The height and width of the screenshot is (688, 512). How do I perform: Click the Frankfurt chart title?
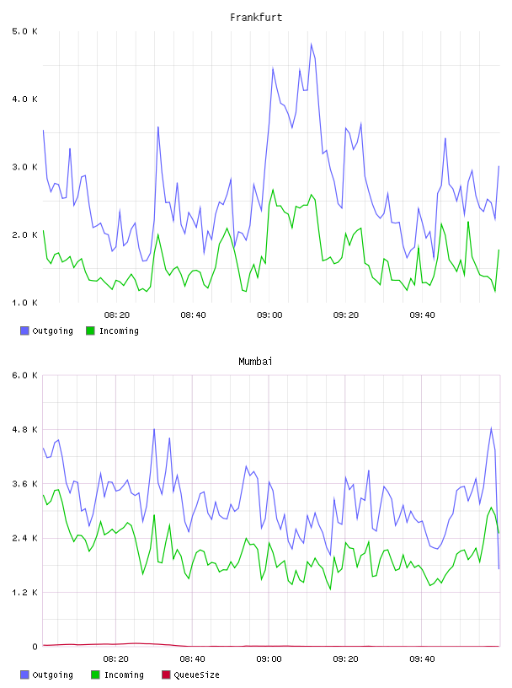pos(256,18)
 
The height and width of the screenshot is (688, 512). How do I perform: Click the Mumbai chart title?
pos(255,362)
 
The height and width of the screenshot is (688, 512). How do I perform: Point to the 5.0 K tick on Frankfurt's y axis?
pos(25,31)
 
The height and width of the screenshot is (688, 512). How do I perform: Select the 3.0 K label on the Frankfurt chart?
pos(25,167)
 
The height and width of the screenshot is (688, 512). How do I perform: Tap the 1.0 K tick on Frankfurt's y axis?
pos(25,303)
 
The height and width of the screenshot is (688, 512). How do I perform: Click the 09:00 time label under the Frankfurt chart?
pos(269,315)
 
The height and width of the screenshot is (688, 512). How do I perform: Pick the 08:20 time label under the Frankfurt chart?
pos(117,315)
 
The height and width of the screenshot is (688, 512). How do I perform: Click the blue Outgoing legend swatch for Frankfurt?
pos(24,331)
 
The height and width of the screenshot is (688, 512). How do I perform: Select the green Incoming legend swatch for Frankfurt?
pos(90,331)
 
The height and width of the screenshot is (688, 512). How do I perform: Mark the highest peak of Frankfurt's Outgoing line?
pos(312,44)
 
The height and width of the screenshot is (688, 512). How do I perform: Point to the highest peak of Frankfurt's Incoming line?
pos(273,190)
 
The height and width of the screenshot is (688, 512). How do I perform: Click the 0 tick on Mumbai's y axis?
pos(35,647)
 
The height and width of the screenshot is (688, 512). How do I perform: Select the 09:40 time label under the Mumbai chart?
pos(422,659)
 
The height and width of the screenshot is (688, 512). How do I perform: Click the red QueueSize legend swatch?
pos(166,675)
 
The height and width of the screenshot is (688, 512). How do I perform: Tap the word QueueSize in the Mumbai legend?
pos(196,675)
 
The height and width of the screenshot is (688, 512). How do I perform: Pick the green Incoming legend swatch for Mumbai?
pos(95,675)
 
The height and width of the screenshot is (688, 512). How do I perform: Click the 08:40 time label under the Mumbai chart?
pos(193,659)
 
